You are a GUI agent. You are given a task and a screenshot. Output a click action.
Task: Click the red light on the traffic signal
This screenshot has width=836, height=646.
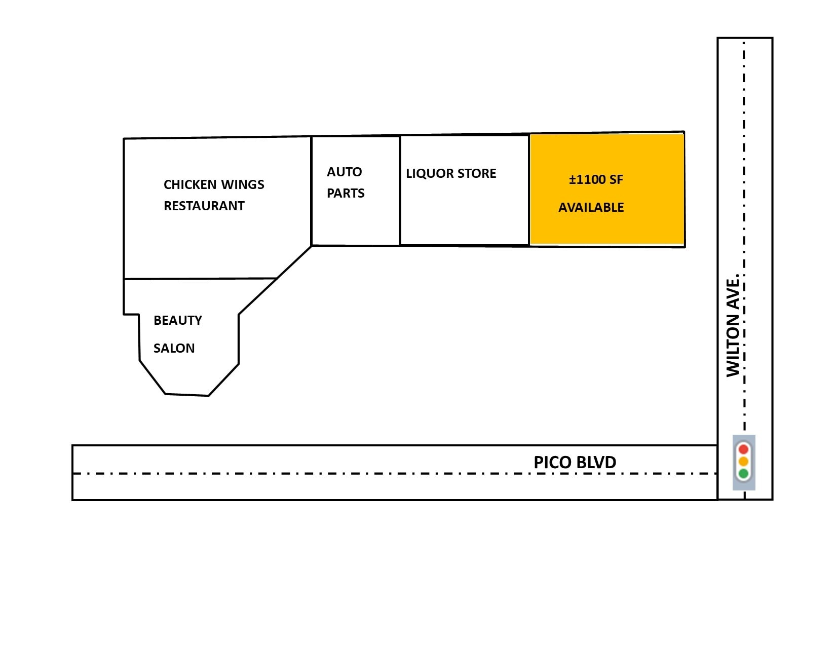pos(743,449)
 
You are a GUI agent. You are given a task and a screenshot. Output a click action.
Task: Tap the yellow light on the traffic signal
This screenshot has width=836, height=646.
pos(743,461)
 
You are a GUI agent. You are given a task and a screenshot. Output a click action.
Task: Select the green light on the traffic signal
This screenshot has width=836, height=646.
pos(743,474)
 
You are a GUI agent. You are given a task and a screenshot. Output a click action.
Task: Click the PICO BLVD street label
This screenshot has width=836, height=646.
pos(575,463)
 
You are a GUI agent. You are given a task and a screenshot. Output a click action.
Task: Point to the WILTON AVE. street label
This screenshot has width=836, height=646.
pos(733,325)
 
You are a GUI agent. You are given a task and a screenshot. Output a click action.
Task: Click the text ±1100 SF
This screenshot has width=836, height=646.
pos(596,180)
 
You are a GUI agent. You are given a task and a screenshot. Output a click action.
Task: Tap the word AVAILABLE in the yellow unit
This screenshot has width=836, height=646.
pos(591,207)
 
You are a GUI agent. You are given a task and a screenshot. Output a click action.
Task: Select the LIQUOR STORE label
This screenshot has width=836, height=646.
pos(451,173)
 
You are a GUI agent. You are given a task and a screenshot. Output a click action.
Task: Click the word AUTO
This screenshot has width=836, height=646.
pos(345,172)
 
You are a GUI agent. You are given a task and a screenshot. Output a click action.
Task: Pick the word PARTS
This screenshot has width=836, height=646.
pos(346,193)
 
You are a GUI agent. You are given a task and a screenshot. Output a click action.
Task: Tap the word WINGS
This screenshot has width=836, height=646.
pos(242,185)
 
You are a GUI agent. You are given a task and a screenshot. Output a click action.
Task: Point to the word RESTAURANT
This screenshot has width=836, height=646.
pos(204,206)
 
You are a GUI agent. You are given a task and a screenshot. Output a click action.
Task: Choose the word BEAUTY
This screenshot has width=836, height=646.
pos(178,321)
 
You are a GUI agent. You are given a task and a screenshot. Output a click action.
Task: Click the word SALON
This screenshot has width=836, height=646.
pos(174,348)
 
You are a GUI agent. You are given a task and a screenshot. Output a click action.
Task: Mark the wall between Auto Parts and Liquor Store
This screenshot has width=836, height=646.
pos(400,191)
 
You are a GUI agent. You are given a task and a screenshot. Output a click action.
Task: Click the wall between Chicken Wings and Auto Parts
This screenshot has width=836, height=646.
pos(311,192)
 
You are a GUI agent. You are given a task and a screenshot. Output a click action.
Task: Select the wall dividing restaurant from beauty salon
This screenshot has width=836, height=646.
pos(200,278)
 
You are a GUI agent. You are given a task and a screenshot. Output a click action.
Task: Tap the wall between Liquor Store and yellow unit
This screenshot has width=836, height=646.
pos(529,189)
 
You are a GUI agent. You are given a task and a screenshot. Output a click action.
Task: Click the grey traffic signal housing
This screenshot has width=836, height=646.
pos(744,463)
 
